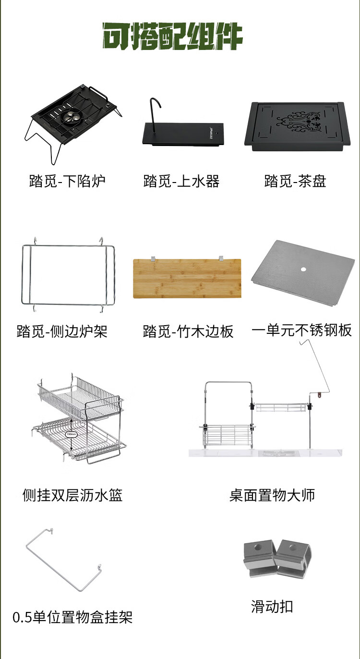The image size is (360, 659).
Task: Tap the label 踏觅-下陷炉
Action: point(67,182)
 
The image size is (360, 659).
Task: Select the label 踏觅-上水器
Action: point(181,182)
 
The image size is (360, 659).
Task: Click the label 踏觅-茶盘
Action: point(295,182)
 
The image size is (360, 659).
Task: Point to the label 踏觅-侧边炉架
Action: point(62,331)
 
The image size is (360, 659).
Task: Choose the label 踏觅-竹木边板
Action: point(188,331)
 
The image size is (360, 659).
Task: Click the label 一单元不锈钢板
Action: point(301,330)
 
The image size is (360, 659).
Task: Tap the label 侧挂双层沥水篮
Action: point(72,495)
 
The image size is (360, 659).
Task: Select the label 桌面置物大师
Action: point(272,495)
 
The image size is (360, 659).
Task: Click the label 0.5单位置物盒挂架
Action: point(72,617)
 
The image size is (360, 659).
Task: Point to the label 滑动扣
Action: point(272,607)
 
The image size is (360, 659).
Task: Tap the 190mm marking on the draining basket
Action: point(71,435)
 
